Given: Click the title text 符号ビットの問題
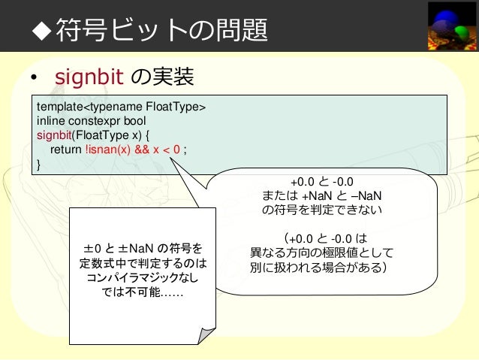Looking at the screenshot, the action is (x=158, y=29).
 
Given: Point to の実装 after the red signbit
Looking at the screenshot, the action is (x=162, y=77).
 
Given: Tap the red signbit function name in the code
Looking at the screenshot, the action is (x=57, y=135).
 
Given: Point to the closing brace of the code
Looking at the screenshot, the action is (x=39, y=164).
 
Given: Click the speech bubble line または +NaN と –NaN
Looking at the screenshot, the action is (x=323, y=195).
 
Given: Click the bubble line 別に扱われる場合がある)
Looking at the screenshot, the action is (x=318, y=267).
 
